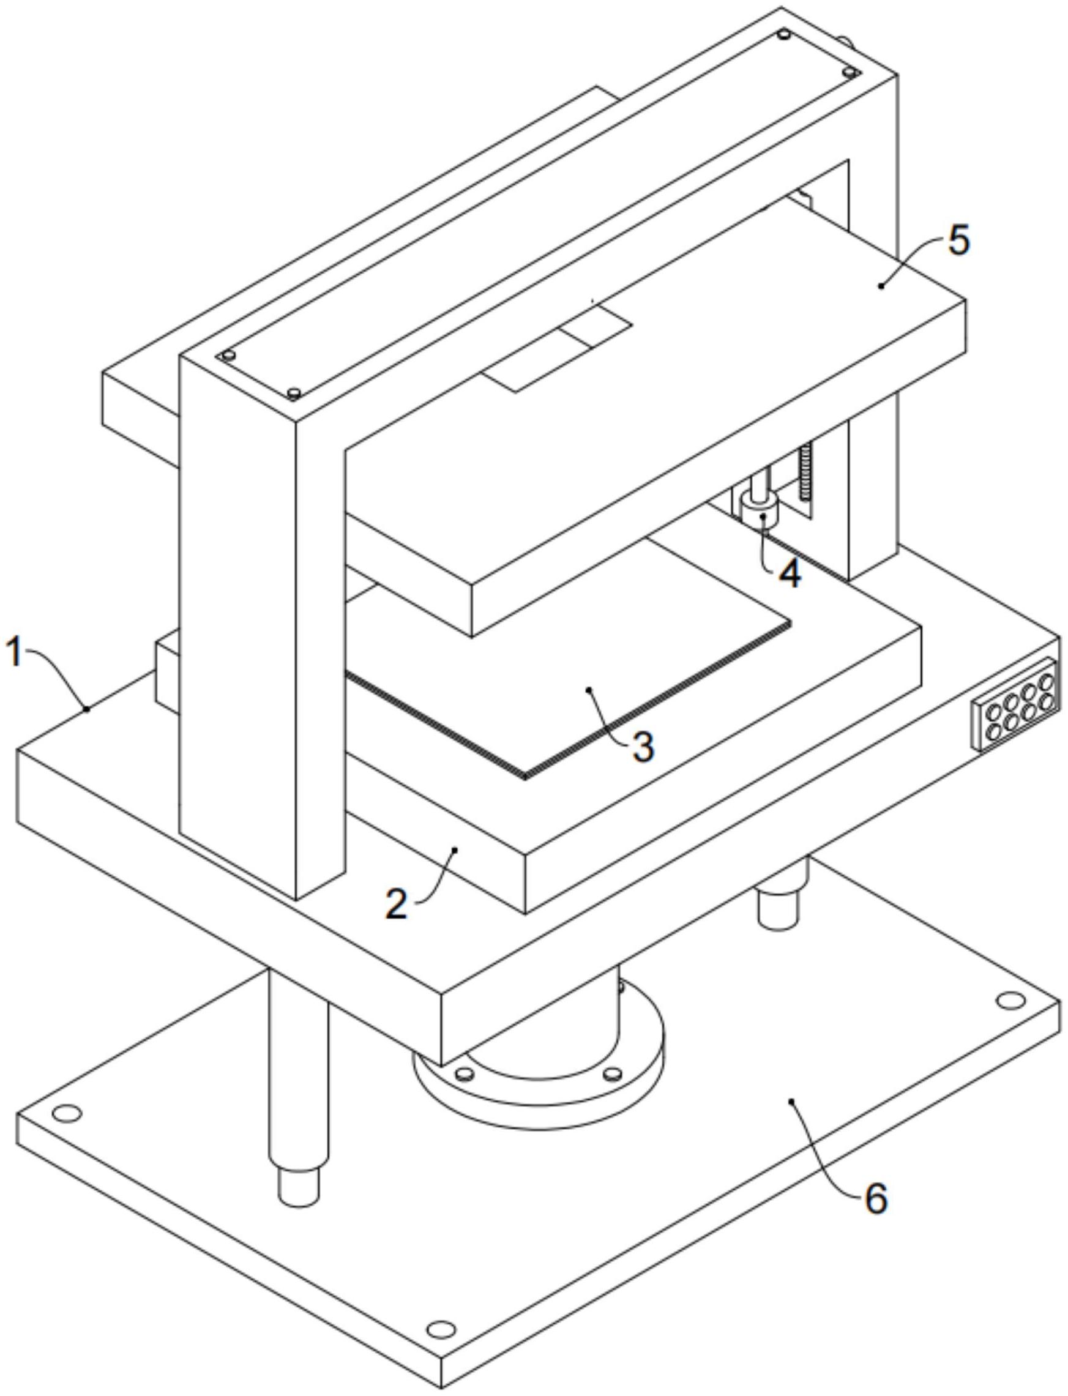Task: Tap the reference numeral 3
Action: click(643, 746)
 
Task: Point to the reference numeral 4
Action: click(790, 573)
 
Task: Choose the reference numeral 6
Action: click(875, 1198)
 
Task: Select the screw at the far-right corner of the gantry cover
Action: click(849, 73)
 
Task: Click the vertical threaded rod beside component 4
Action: click(807, 474)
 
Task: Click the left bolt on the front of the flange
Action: click(465, 1073)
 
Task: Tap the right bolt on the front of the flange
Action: click(611, 1073)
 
